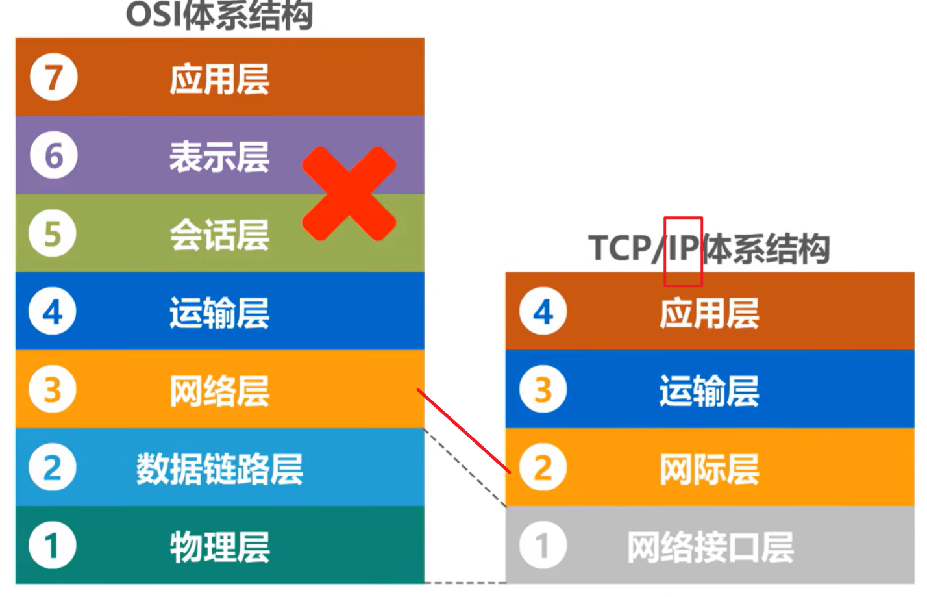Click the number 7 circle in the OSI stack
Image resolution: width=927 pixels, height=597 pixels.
53,77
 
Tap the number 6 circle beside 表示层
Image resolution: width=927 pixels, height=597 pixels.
53,155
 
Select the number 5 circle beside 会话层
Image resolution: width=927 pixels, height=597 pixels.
53,233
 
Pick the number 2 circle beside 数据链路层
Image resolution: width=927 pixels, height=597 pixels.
53,467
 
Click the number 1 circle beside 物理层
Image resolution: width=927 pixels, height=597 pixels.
53,545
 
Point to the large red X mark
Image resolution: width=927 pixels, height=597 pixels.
349,194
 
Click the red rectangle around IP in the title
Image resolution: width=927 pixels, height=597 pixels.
683,251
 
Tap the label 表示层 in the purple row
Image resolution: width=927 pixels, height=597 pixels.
219,157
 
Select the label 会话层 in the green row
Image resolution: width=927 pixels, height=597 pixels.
219,235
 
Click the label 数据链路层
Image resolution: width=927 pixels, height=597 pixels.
219,468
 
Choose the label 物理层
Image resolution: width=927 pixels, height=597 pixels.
219,546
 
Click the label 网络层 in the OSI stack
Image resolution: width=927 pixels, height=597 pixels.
219,390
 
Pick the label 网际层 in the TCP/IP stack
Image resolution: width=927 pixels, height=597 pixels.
710,468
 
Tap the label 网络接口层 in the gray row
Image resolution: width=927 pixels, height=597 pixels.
710,546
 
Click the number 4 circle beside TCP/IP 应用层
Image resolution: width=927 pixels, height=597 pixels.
543,312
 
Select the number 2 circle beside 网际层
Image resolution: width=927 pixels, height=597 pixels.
543,467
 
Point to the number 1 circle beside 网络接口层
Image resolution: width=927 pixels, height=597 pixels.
543,545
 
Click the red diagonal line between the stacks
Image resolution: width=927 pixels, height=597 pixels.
463,431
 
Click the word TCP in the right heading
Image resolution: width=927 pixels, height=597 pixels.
619,248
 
